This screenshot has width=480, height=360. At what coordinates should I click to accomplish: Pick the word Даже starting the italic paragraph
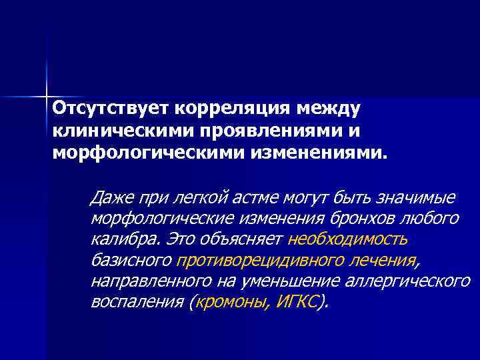point(111,197)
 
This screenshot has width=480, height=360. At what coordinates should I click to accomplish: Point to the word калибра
point(117,239)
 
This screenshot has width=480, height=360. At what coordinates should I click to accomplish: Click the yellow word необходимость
point(349,239)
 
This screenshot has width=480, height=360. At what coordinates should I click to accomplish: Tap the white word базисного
point(131,260)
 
